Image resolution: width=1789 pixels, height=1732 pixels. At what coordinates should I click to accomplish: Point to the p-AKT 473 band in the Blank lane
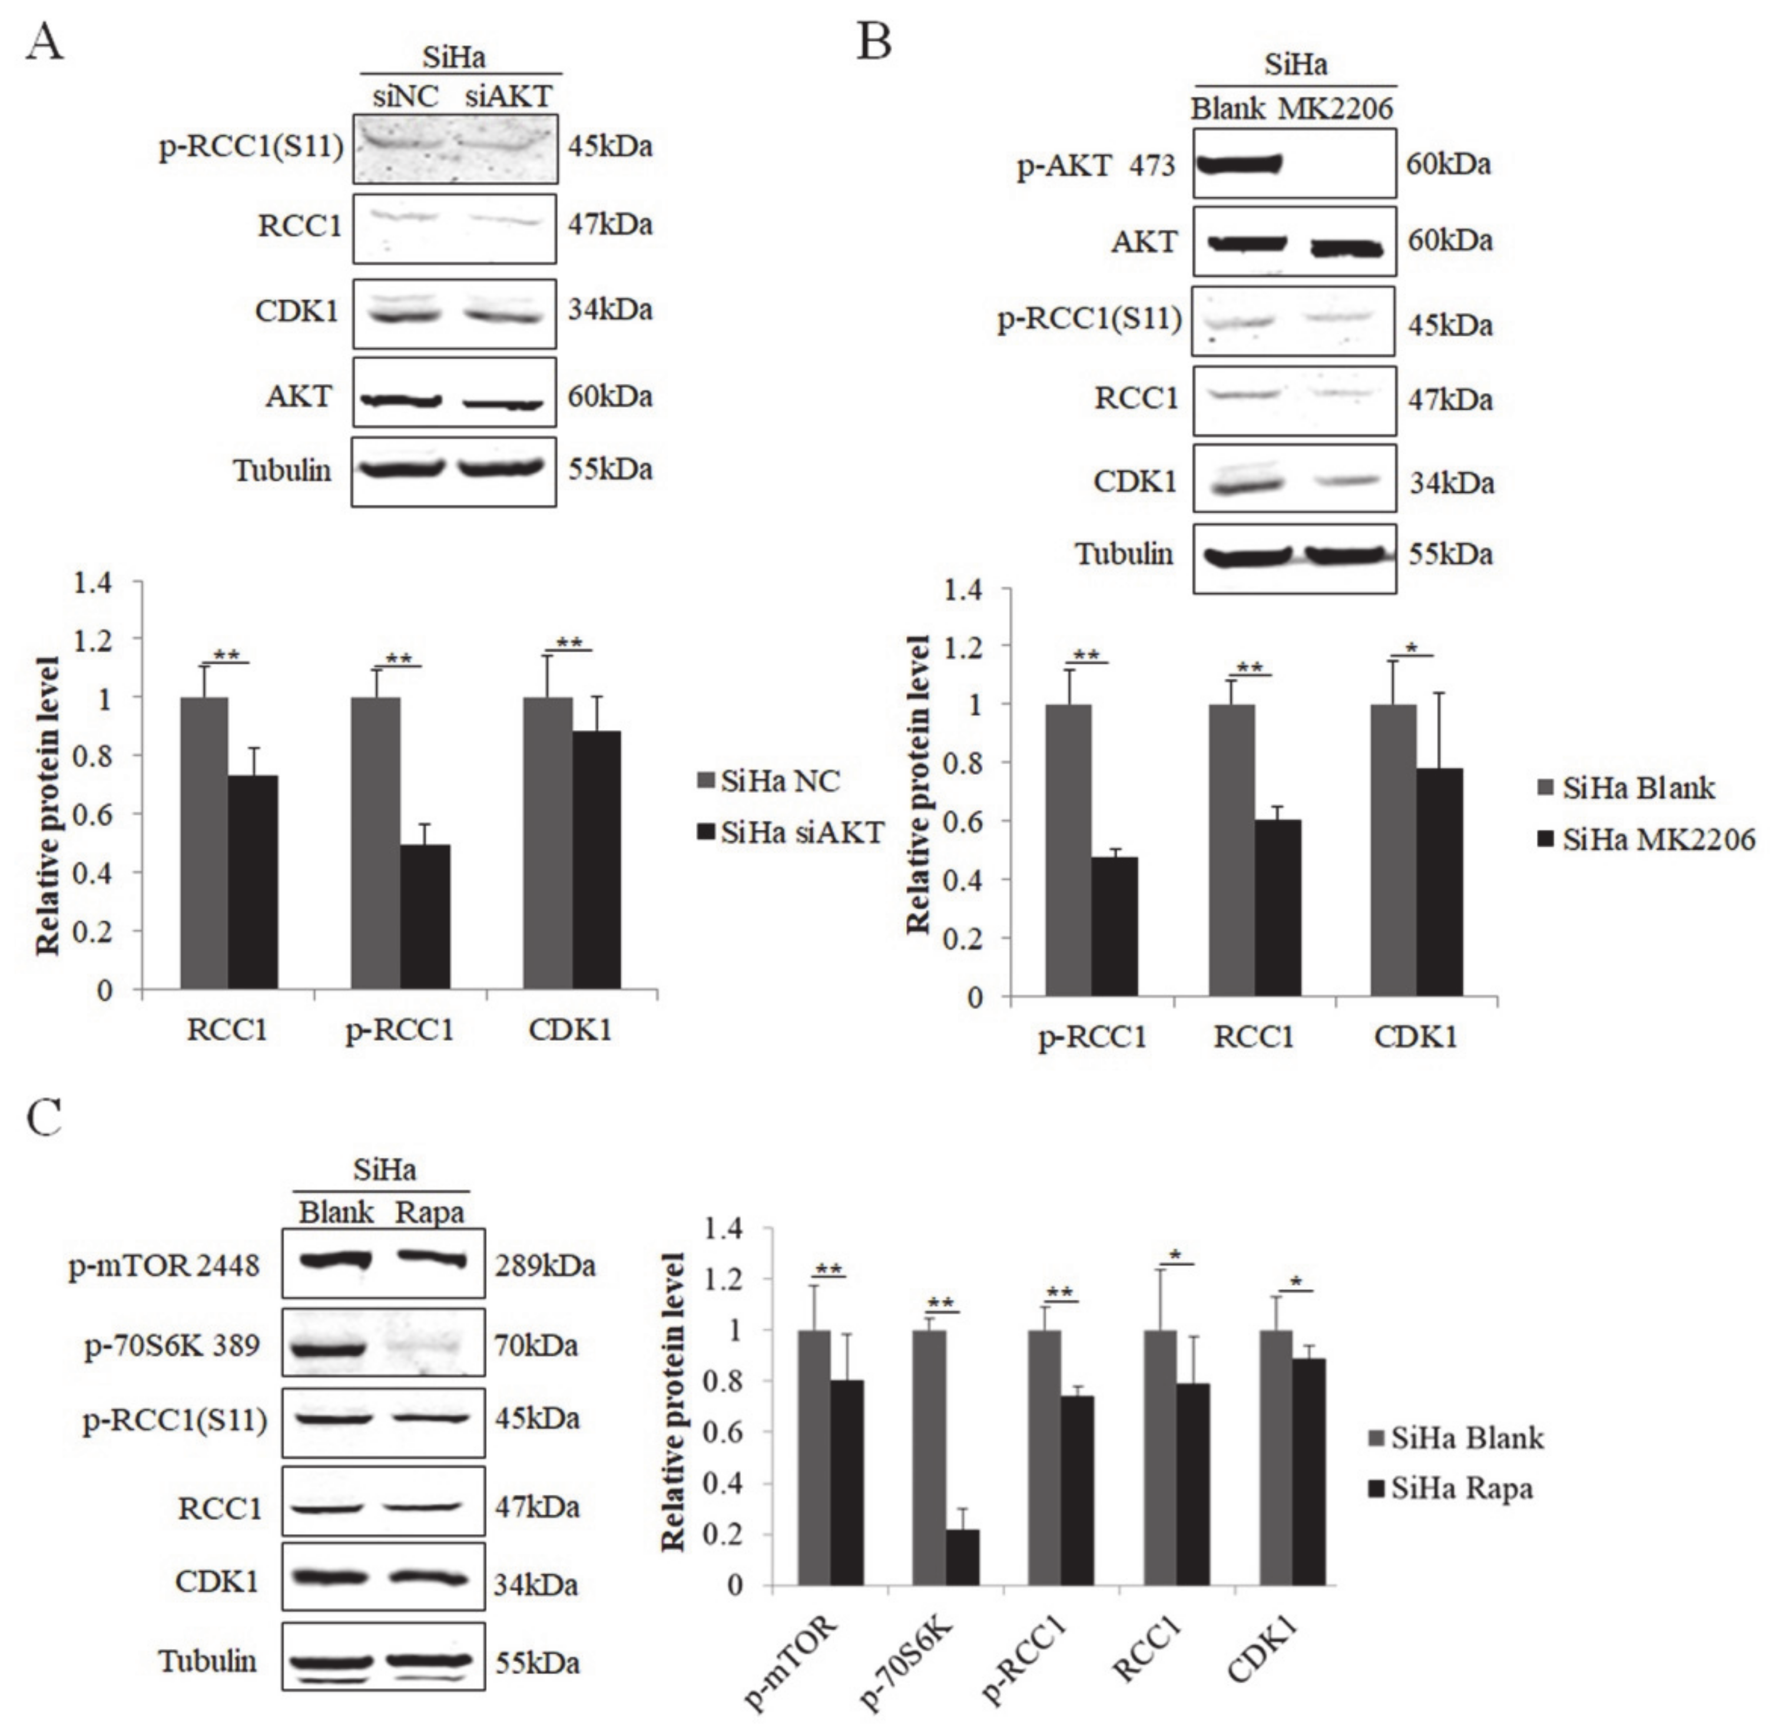pyautogui.click(x=1238, y=164)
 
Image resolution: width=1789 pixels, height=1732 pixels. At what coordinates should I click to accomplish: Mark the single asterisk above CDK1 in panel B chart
pyautogui.click(x=1412, y=649)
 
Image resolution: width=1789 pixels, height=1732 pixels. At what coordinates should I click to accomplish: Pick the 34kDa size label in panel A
pyautogui.click(x=609, y=310)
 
